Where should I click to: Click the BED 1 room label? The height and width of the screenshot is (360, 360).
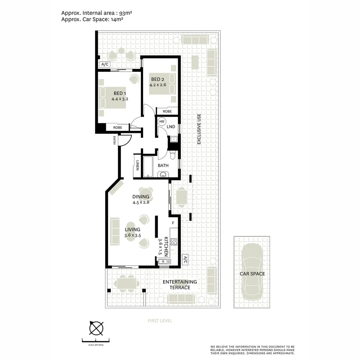point(120,93)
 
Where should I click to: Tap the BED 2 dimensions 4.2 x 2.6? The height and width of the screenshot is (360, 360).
point(158,85)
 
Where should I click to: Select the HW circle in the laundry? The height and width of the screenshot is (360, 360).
point(162,122)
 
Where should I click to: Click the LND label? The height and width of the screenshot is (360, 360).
point(171,127)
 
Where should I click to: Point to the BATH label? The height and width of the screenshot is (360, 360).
point(163,165)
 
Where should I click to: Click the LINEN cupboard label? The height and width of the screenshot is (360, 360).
point(137,166)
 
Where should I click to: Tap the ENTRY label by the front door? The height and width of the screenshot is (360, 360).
point(114,140)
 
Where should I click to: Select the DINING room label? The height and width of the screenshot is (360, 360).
point(141,197)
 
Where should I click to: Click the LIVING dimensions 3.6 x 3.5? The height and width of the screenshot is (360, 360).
point(132,235)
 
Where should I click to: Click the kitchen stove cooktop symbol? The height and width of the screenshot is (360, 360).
point(174,242)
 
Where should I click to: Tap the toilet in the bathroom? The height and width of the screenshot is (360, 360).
point(173,155)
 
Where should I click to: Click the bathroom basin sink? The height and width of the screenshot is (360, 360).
point(163,174)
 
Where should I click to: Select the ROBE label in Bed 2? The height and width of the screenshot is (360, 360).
point(167,111)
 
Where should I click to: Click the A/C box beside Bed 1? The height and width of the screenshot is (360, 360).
point(104,64)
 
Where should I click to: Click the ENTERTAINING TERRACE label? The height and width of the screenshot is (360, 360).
point(180,284)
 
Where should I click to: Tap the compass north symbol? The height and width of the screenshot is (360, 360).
point(96,328)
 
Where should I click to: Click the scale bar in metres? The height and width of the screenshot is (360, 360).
point(96,341)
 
